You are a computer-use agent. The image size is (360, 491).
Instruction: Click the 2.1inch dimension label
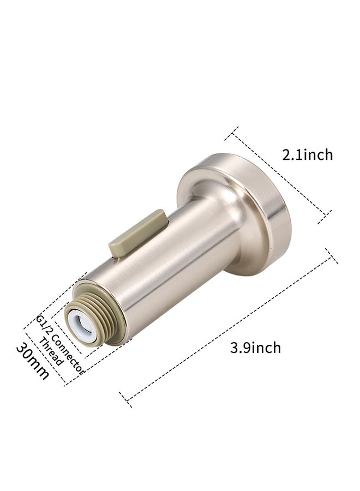click(308, 155)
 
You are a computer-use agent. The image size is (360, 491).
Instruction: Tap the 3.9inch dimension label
click(255, 348)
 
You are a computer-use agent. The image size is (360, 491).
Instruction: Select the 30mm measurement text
click(33, 361)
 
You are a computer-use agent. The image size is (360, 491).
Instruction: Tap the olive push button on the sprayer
click(137, 233)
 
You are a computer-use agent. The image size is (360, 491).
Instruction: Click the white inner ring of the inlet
click(82, 326)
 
